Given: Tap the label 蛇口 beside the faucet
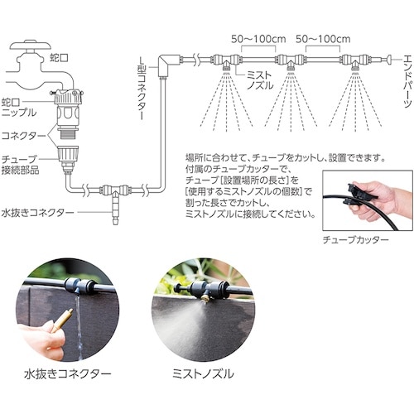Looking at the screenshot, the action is (x=59, y=58).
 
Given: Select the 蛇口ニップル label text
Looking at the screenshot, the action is (x=18, y=108).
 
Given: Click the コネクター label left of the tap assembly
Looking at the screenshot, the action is (x=23, y=136).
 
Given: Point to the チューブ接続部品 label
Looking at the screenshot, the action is (x=20, y=165).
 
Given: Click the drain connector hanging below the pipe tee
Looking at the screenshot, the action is (x=115, y=209).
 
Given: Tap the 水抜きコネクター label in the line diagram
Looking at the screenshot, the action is (x=38, y=213).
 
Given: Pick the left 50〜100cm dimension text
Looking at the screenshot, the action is (x=258, y=39).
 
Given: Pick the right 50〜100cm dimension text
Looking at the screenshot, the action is (x=323, y=39).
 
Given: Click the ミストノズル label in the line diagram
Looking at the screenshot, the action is (x=259, y=80).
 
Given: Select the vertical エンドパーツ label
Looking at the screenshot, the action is (x=407, y=80).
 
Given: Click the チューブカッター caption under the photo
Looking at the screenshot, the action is (x=356, y=239).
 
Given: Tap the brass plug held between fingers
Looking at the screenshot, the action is (x=63, y=320).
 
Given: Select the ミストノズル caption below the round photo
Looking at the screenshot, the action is (x=203, y=374).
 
